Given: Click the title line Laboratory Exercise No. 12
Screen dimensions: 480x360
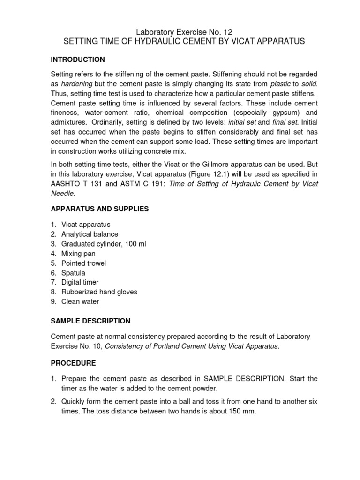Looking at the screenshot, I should (184, 32).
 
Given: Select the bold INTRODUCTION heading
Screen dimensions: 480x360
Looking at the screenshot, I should (77, 60).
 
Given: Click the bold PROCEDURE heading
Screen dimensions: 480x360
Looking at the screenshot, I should (73, 363).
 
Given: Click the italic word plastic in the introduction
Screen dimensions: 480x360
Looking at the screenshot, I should (280, 84).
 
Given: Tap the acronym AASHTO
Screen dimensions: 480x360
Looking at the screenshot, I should (66, 184).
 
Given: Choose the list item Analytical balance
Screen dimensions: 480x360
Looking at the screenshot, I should (90, 234).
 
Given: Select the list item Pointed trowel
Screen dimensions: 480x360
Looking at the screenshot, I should (83, 263).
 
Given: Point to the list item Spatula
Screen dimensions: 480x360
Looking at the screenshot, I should (73, 273).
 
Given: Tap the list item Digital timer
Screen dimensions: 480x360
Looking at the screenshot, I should (80, 282).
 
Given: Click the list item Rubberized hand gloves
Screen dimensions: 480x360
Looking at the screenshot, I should (99, 292).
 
